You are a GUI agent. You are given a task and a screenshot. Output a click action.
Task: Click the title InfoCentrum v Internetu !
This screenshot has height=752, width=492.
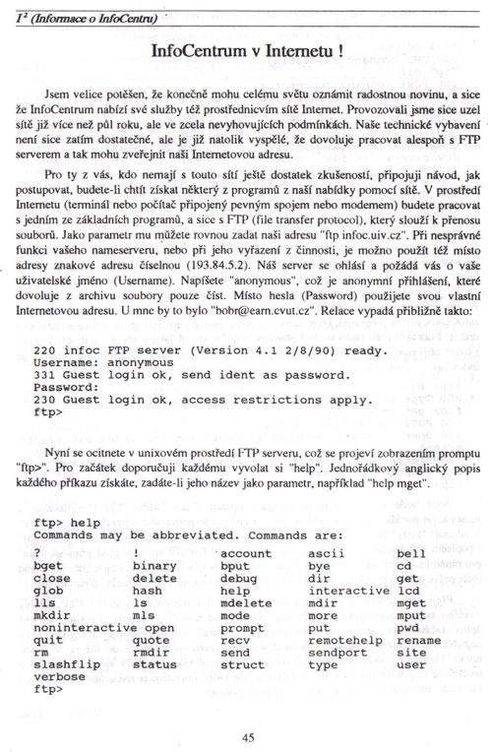pyautogui.click(x=246, y=49)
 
